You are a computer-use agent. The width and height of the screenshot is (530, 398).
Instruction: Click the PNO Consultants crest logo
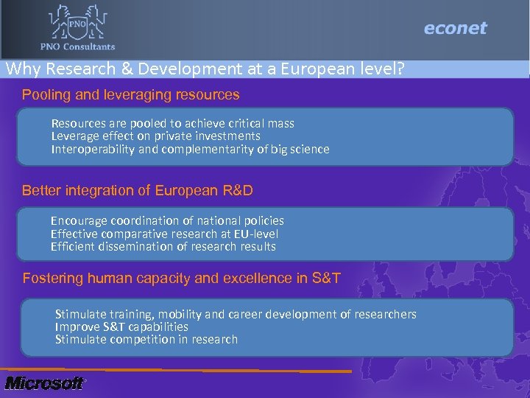point(77,23)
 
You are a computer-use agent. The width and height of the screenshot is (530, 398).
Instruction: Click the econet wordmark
point(455,29)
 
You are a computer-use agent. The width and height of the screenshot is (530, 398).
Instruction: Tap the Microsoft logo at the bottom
point(43,383)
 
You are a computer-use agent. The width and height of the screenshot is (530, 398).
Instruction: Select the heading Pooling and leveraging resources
point(130,95)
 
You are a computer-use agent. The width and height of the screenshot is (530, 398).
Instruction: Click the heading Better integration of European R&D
point(138,191)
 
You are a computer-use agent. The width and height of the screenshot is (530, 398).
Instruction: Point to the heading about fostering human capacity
point(181,279)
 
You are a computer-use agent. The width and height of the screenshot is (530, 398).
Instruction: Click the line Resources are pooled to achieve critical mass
point(172,123)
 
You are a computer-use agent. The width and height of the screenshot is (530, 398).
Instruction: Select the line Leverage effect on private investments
point(155,136)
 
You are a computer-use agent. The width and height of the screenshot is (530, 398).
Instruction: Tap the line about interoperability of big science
point(190,149)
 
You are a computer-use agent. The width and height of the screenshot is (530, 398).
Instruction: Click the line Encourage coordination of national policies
point(167,220)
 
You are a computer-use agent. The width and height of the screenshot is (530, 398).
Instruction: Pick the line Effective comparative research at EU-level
point(164,234)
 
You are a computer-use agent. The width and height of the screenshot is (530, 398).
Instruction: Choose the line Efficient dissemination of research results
point(163,246)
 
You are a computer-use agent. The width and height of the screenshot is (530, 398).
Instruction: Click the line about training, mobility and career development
point(236,314)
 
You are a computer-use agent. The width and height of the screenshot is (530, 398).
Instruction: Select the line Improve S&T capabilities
point(121,327)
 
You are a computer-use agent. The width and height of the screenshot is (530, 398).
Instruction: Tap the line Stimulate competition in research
point(146,339)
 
